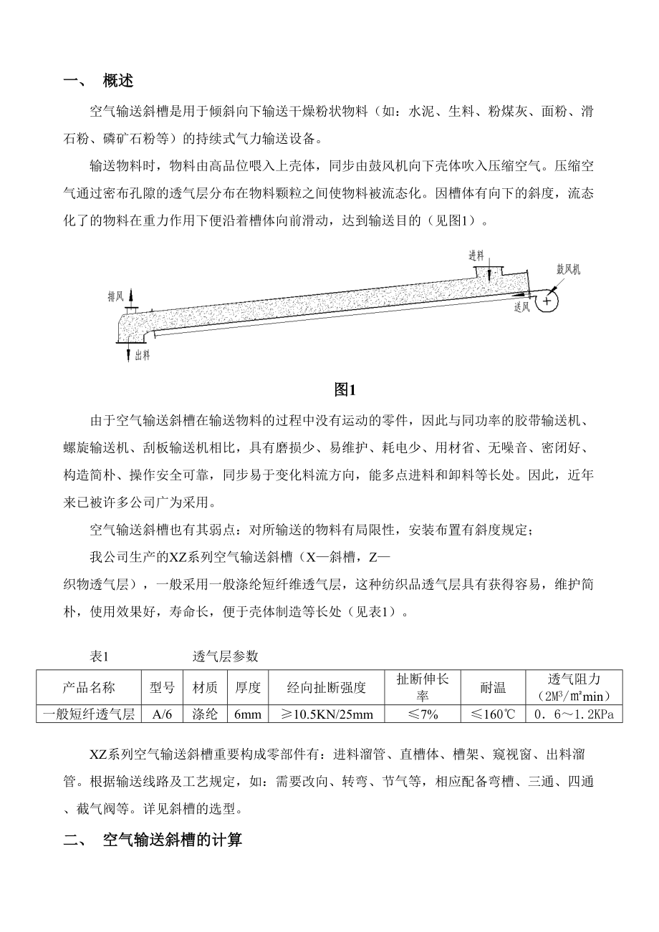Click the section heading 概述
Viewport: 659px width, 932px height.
(x=117, y=81)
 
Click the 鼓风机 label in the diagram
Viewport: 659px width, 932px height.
(x=568, y=270)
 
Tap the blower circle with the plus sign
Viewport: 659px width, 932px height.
(x=547, y=301)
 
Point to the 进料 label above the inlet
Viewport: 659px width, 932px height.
(x=476, y=256)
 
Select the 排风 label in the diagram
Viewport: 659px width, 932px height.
(x=115, y=295)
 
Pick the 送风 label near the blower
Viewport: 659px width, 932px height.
(x=522, y=307)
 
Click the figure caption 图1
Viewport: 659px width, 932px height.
(x=345, y=390)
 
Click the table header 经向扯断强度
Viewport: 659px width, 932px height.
(x=327, y=688)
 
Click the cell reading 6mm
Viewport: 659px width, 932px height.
(x=248, y=714)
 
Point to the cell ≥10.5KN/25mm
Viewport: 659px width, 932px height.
(x=327, y=714)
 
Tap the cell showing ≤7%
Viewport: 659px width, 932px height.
(x=423, y=714)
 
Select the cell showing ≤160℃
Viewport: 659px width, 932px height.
(x=493, y=714)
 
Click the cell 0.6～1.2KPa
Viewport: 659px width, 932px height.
(x=574, y=714)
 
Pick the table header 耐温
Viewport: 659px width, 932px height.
(x=493, y=688)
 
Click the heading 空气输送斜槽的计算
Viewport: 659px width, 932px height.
(x=173, y=840)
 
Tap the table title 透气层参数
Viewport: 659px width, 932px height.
(x=226, y=656)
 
